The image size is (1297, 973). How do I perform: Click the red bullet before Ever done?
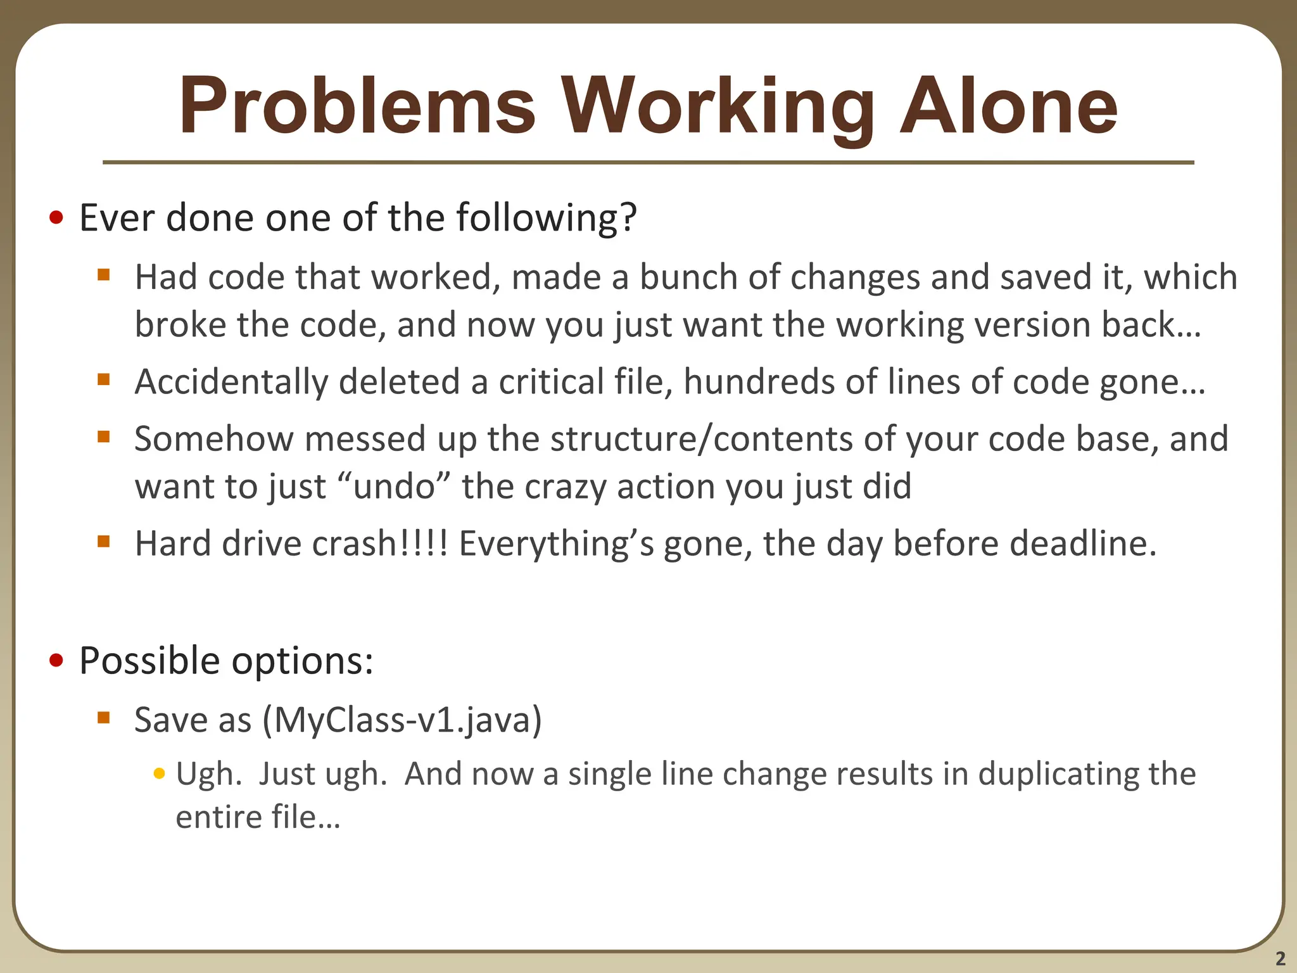[56, 219]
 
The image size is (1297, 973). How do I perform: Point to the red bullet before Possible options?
[56, 661]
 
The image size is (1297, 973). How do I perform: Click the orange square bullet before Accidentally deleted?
[104, 379]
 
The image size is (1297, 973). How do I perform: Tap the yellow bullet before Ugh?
[160, 773]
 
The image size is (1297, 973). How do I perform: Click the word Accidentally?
[231, 383]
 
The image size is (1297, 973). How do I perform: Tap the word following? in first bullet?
[546, 219]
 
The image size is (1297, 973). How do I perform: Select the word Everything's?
[556, 544]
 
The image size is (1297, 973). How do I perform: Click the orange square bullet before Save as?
[104, 718]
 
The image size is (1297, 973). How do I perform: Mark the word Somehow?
[214, 439]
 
